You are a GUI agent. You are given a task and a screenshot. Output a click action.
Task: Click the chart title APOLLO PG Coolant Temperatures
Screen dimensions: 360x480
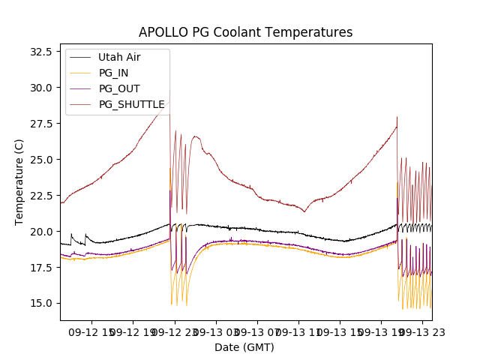pos(245,33)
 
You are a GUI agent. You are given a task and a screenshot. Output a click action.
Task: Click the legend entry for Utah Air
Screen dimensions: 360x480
pos(119,57)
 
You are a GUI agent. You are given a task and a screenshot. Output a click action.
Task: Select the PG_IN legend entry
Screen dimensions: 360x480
pos(113,73)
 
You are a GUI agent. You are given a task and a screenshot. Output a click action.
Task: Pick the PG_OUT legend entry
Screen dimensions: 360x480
pos(118,88)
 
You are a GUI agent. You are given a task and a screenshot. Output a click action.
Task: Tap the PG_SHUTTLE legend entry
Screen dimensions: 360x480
pos(131,104)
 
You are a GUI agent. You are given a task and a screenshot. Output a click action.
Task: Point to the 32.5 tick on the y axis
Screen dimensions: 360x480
pos(40,52)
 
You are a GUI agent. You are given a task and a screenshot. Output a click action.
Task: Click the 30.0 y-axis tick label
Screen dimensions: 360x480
pos(40,88)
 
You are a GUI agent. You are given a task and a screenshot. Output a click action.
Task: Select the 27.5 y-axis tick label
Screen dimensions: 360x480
pos(40,124)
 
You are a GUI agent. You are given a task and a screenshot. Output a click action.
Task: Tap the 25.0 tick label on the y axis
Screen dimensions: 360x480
pos(40,160)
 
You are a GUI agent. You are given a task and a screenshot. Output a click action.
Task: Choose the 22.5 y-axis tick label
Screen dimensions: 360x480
pos(40,196)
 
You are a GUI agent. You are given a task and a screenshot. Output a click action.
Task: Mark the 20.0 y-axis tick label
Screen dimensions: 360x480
pos(40,232)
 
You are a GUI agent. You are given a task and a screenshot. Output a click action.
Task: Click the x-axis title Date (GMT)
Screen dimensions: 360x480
pos(244,347)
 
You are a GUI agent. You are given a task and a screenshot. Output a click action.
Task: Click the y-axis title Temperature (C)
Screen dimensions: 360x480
pos(19,182)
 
